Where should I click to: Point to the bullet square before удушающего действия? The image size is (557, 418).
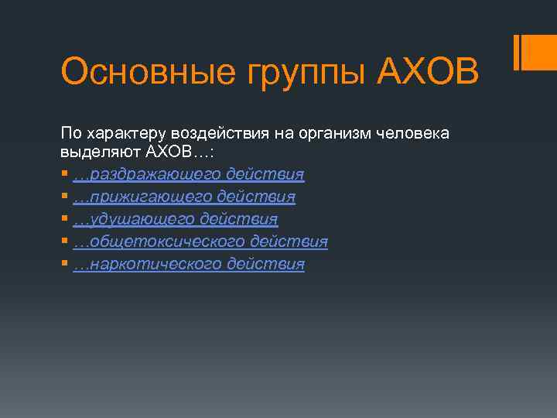[64, 219]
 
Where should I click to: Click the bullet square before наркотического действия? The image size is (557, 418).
[64, 264]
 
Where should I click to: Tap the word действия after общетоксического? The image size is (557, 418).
[289, 242]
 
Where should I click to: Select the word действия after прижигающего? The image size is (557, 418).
[256, 197]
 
